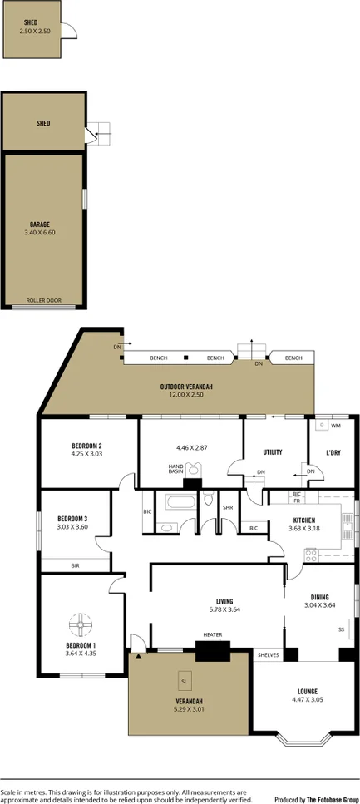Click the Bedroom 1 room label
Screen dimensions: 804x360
pyautogui.click(x=81, y=644)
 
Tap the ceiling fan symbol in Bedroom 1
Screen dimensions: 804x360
pyautogui.click(x=81, y=623)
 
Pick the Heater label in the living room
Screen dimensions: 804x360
pyautogui.click(x=212, y=634)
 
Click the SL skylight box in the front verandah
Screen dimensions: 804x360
pyautogui.click(x=183, y=683)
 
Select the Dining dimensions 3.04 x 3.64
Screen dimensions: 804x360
pyautogui.click(x=319, y=605)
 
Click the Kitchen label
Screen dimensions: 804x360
pyautogui.click(x=303, y=520)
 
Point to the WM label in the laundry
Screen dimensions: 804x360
pyautogui.click(x=335, y=426)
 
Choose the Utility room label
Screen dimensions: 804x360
pyautogui.click(x=273, y=452)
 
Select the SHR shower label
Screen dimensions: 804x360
pyautogui.click(x=227, y=508)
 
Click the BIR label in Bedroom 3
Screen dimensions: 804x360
pyautogui.click(x=75, y=565)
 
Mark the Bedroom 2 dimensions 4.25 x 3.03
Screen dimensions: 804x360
pyautogui.click(x=86, y=454)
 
